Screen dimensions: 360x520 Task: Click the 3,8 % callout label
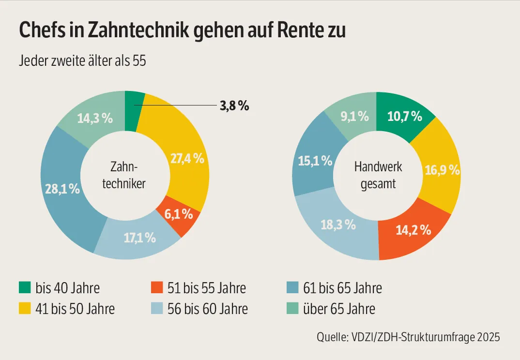coord(234,106)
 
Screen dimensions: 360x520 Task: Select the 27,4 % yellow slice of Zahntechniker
coord(187,159)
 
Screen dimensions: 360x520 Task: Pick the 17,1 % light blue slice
coord(139,238)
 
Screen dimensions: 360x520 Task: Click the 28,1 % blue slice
coord(62,189)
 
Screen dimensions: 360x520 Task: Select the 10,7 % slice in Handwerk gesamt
coord(405,117)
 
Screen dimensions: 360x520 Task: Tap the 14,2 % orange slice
coord(413,230)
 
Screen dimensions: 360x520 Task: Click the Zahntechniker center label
coord(124,176)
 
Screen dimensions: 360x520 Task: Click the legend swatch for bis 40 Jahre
coord(24,288)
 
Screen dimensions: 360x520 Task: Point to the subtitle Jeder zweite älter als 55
coord(82,61)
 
